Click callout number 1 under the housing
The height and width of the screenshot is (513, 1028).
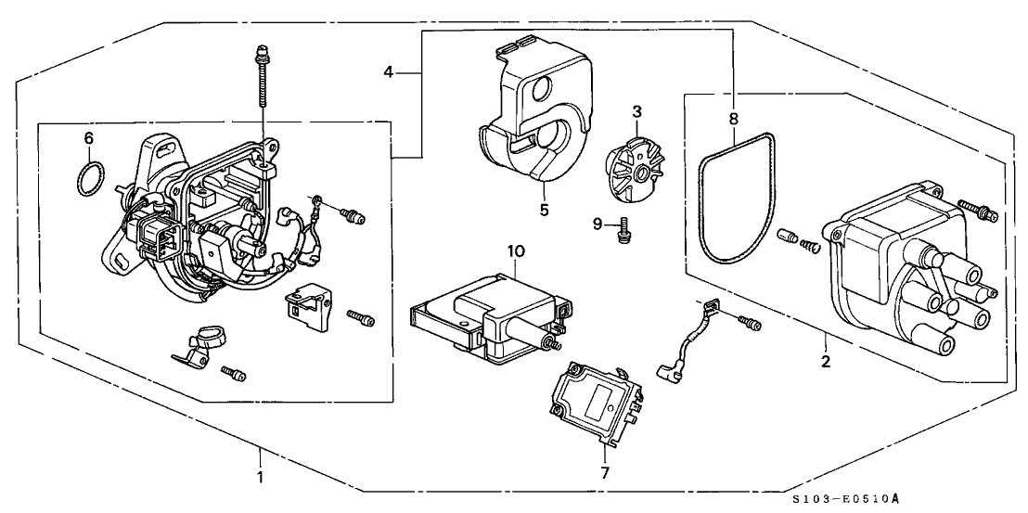tap(260, 477)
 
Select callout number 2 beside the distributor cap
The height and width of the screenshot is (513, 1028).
tap(826, 361)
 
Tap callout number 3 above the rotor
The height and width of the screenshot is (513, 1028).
tap(636, 110)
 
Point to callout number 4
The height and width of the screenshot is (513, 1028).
tap(390, 72)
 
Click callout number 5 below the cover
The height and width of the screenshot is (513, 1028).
tap(544, 211)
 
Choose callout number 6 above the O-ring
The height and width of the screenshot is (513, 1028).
tap(89, 137)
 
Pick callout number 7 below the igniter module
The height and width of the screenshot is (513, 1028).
tap(605, 472)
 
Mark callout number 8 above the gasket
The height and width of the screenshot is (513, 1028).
tap(734, 119)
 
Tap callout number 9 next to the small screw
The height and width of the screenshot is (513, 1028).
tap(598, 224)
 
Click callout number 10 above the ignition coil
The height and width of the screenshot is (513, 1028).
tap(516, 250)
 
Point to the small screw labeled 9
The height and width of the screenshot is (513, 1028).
tap(623, 231)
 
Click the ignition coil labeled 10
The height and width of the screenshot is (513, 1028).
tap(488, 317)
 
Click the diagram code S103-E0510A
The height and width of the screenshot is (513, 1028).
tap(845, 499)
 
